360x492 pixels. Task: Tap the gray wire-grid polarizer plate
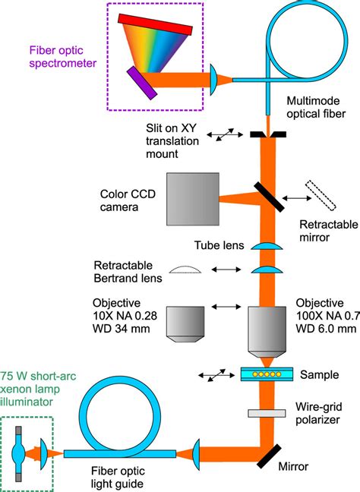coord(268,413)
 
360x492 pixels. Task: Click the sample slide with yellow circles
coord(268,374)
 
